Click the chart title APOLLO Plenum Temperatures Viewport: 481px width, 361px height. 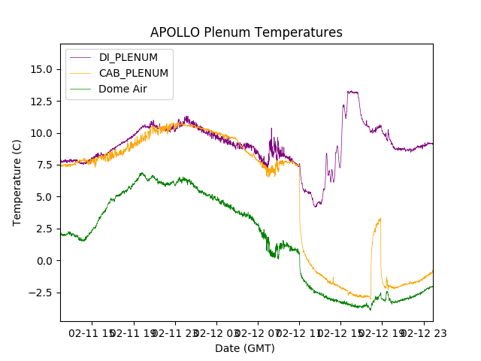pos(246,32)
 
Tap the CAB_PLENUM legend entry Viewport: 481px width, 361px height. pos(133,73)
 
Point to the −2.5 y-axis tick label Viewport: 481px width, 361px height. pos(39,293)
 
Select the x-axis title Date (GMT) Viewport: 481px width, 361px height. pos(245,348)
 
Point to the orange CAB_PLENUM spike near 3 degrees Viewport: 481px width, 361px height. pos(380,219)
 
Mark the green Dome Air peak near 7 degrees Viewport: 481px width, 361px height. pos(141,173)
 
